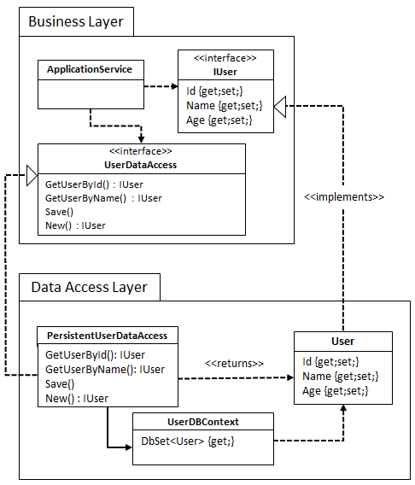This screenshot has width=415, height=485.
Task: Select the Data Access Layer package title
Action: click(x=89, y=287)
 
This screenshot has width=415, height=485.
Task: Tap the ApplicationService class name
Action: click(x=90, y=69)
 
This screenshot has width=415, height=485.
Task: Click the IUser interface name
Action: click(x=225, y=72)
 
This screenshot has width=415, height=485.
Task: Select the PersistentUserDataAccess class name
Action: click(x=107, y=335)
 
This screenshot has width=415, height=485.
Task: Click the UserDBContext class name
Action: click(x=202, y=422)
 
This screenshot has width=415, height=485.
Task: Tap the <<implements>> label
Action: click(x=343, y=196)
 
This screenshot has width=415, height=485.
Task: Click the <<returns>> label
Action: click(x=234, y=364)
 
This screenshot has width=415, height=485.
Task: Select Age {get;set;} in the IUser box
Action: click(x=219, y=120)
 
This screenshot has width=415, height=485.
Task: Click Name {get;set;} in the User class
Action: click(x=340, y=376)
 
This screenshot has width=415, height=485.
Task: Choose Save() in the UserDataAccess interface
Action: click(x=60, y=212)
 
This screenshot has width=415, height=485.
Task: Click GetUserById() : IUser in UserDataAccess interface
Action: click(x=94, y=184)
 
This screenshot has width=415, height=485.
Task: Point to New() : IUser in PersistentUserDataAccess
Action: click(x=77, y=398)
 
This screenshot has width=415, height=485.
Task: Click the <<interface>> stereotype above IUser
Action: click(x=225, y=58)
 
